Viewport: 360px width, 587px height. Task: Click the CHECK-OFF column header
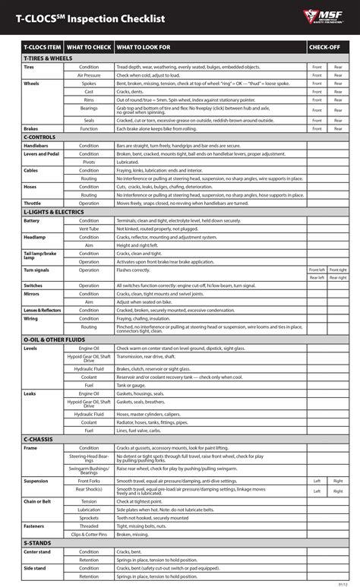(324, 48)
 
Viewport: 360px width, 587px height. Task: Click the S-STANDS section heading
(37, 544)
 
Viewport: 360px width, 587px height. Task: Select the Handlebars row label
(36, 145)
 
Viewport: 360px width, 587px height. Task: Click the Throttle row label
(32, 204)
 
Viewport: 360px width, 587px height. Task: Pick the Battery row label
(31, 220)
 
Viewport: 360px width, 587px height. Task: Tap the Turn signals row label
(36, 270)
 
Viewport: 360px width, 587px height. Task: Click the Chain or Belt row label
(37, 500)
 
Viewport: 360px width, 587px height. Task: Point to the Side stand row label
(34, 569)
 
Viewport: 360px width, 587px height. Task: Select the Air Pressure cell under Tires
(89, 75)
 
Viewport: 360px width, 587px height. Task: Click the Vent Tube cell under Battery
(89, 229)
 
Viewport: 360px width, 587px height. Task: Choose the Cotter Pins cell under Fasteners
(89, 535)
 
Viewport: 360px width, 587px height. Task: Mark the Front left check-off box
(316, 270)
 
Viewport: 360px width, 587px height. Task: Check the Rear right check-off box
(338, 277)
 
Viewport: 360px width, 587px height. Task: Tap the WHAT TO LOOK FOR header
(144, 48)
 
